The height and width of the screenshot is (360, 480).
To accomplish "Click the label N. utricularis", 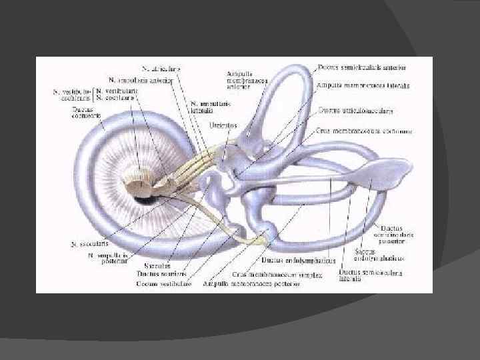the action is click(165, 68).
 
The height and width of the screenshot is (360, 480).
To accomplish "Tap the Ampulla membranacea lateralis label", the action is click(363, 86).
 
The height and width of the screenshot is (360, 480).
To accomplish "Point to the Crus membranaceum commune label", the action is click(363, 131).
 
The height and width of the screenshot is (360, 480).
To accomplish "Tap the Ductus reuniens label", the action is click(160, 274).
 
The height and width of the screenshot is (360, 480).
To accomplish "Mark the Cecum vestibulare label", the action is click(164, 283).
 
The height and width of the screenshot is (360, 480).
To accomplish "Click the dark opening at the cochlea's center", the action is click(142, 198).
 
